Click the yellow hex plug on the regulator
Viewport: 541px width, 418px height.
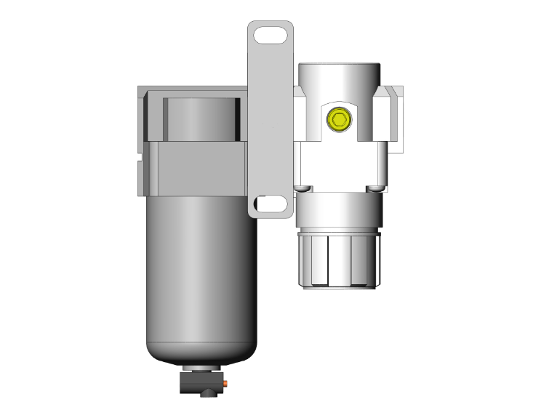tap(338, 117)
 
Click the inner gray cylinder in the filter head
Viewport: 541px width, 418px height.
tap(199, 118)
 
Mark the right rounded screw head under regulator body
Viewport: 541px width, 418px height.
tap(374, 189)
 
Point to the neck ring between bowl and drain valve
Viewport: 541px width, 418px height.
tap(203, 367)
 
